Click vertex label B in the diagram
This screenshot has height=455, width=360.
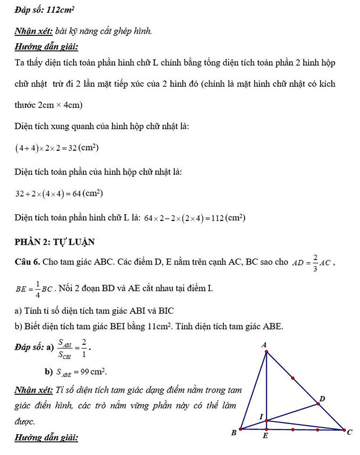coord(233,433)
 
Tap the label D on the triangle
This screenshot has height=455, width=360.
coord(322,399)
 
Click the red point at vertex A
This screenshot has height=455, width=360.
coord(266,352)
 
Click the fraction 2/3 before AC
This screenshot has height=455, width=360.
coord(316,262)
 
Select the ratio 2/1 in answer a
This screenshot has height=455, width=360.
coord(83,348)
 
